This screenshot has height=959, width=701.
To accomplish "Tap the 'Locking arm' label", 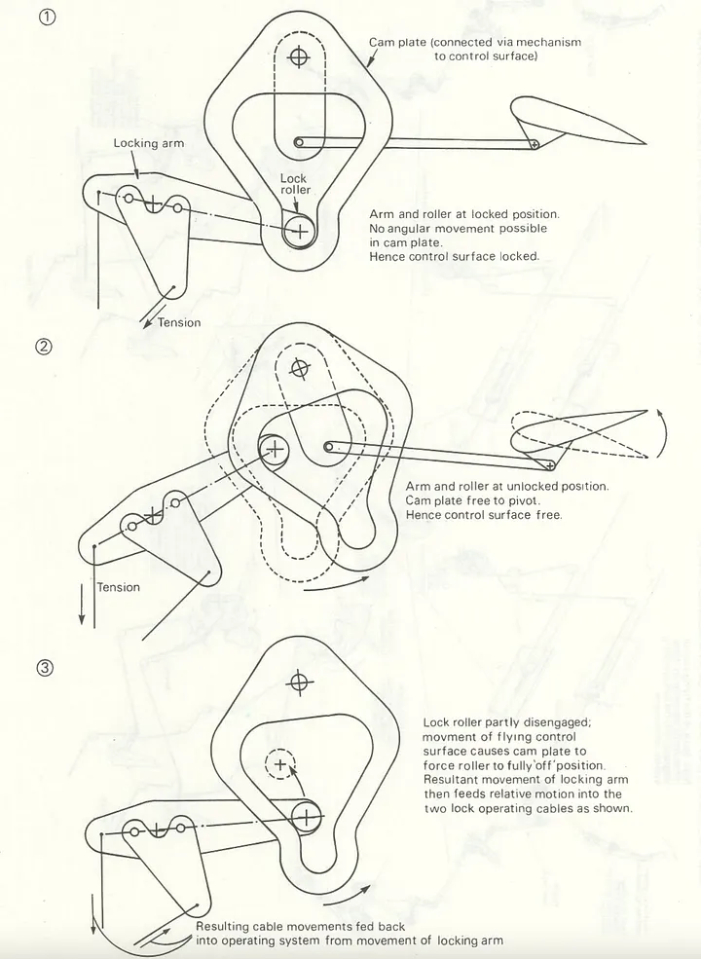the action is click(148, 143).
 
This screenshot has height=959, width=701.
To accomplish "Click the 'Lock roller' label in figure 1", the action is click(294, 184).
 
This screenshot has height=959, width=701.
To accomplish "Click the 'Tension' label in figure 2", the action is click(118, 587).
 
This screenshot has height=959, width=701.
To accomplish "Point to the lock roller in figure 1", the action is click(299, 231).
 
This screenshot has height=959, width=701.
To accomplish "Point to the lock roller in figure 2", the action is click(275, 448).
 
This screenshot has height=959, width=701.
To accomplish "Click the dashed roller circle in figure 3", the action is click(281, 765).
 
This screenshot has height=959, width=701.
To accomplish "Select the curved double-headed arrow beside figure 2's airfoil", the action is click(661, 434).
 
